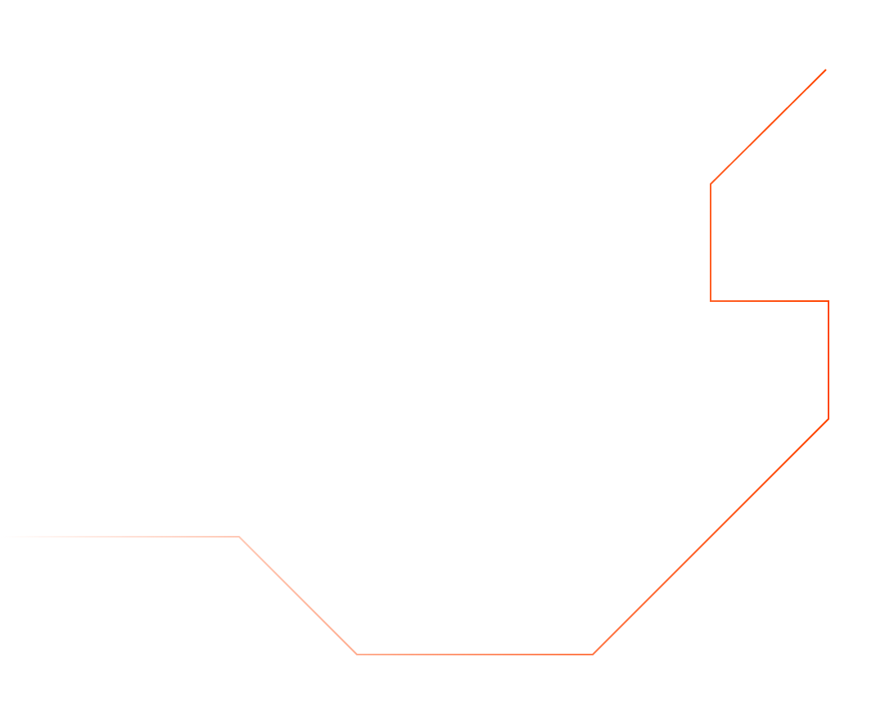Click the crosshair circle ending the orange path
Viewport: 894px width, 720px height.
[x=829, y=64]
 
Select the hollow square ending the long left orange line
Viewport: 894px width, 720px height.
[x=239, y=537]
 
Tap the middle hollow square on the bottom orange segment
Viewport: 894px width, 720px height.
[x=475, y=655]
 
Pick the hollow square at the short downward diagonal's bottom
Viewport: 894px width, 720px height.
[x=357, y=655]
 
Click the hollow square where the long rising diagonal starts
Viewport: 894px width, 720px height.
[x=593, y=655]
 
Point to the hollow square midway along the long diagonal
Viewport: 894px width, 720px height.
[x=711, y=537]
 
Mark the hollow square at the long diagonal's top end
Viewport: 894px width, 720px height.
[x=829, y=419]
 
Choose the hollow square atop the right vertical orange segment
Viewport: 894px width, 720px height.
[x=829, y=301]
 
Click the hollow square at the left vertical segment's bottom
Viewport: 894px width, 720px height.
[x=711, y=301]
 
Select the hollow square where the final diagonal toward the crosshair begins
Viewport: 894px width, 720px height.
[x=711, y=183]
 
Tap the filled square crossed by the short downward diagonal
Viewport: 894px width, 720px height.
[x=298, y=596]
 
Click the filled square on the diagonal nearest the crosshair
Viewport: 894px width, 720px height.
[x=770, y=124]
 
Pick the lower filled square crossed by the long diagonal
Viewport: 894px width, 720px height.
[x=652, y=596]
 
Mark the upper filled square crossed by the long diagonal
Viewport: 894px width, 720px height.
[x=770, y=478]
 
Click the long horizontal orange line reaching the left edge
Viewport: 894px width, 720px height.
[x=123, y=537]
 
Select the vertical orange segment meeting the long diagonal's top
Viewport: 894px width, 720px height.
[x=829, y=360]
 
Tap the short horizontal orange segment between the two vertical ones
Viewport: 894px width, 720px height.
[x=770, y=301]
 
